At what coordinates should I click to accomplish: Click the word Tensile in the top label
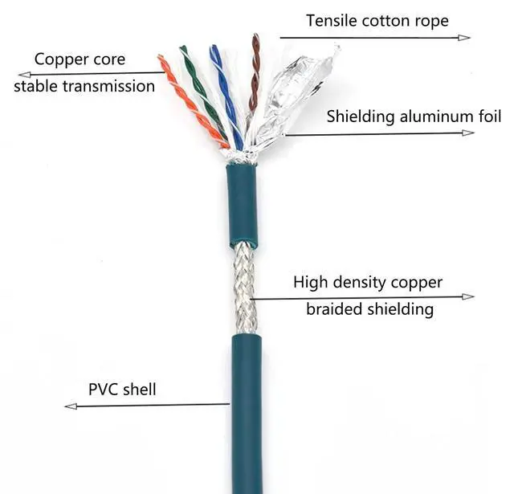coord(331,19)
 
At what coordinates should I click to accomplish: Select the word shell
coord(140,390)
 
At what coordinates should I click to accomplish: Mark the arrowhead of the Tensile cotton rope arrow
coord(467,37)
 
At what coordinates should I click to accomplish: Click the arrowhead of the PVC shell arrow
coord(68,406)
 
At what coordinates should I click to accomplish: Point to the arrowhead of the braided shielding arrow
coord(470,296)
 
